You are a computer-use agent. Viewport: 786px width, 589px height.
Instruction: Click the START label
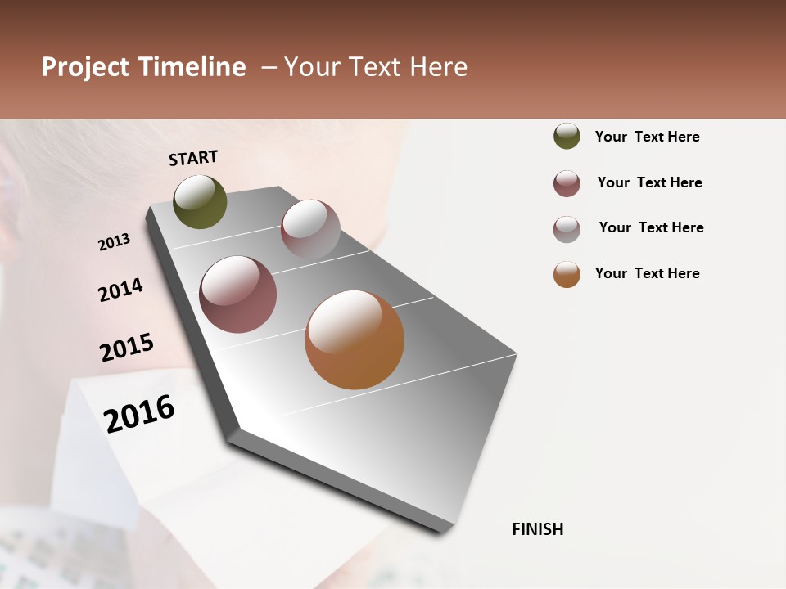(193, 158)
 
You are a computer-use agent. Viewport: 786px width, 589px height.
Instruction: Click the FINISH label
(537, 529)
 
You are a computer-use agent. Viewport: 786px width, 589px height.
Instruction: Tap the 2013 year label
(114, 242)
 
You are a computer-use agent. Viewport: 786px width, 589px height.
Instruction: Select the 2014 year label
(120, 290)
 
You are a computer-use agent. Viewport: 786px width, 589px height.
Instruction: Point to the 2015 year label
(127, 348)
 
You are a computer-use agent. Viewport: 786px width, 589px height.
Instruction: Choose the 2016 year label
(139, 413)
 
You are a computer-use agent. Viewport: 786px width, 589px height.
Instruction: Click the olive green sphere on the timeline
(200, 201)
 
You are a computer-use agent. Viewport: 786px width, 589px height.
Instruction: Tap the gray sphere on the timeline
(310, 229)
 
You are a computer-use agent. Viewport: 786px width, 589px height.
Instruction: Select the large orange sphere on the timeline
(355, 339)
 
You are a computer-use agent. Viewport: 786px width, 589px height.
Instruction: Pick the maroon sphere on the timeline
(238, 294)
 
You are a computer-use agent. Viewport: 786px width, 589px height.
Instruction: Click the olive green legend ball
(567, 136)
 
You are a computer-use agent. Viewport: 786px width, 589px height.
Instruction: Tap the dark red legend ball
(567, 183)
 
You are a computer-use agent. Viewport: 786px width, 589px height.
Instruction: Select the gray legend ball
(567, 229)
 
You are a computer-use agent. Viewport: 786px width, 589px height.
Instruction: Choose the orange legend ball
(567, 274)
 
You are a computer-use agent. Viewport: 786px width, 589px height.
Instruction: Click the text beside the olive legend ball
(647, 137)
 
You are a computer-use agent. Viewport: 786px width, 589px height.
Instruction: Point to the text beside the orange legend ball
(647, 273)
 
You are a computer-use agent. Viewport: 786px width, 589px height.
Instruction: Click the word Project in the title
(84, 67)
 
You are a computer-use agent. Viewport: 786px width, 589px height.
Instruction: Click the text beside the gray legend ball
(651, 227)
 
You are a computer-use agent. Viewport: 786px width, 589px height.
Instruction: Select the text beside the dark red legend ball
(649, 182)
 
